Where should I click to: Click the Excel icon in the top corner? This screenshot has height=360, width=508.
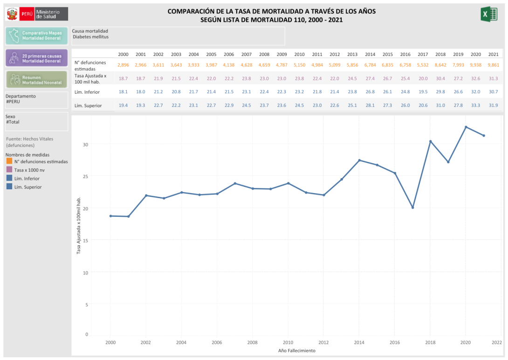(x=488, y=14)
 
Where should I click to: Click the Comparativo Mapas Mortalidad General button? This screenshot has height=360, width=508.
(x=36, y=35)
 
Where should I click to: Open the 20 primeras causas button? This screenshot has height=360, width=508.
(x=36, y=58)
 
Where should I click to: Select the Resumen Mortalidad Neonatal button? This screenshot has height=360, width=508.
(x=36, y=80)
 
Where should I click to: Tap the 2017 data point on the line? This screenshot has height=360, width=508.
(x=412, y=208)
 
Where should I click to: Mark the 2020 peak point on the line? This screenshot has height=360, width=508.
(x=466, y=127)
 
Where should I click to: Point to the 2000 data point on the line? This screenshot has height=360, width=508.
(x=110, y=216)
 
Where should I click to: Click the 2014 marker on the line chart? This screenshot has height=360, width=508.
(x=359, y=160)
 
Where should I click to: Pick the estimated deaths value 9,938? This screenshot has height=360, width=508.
(x=475, y=65)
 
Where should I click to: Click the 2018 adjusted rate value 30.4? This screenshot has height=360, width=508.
(x=440, y=78)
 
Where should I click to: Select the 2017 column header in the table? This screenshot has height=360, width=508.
(x=423, y=55)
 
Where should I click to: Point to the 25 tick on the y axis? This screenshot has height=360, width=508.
(x=85, y=176)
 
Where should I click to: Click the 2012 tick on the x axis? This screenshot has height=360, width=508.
(x=323, y=342)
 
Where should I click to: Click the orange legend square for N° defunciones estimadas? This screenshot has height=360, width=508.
(x=9, y=161)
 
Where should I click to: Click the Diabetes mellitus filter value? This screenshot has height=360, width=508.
(x=90, y=36)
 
